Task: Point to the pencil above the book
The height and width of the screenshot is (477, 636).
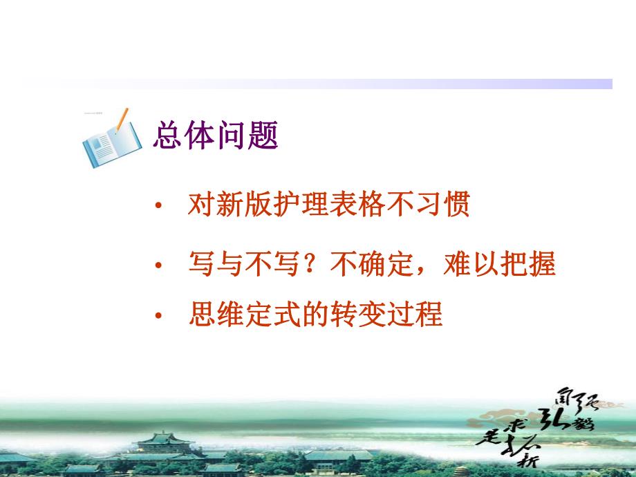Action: pos(122,120)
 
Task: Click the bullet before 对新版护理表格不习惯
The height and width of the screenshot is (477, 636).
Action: pos(160,207)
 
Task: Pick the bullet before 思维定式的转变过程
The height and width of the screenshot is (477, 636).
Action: pos(160,317)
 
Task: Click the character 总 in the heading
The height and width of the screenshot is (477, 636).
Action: pos(167,135)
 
